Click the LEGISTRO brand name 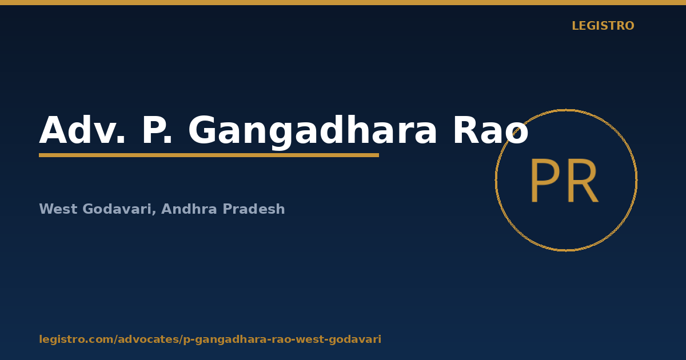point(603,26)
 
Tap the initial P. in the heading point(157,130)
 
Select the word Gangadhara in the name point(312,132)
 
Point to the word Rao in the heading point(490,130)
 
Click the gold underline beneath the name point(209,155)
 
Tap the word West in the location point(58,209)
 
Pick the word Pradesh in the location point(254,209)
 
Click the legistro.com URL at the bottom point(210,339)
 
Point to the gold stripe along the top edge point(343,2)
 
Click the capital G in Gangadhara point(203,130)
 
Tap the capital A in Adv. point(55,130)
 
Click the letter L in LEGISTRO point(575,26)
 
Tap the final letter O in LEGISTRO point(629,26)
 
